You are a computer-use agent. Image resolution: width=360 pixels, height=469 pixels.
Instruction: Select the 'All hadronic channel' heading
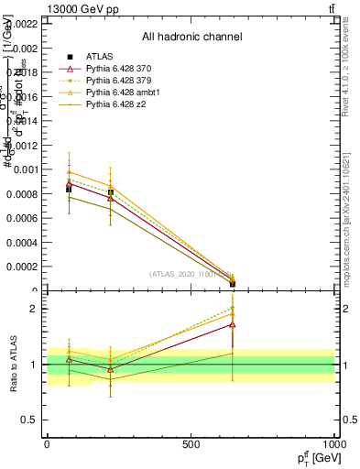click(191, 38)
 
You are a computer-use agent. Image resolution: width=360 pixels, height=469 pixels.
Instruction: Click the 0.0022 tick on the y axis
click(25, 24)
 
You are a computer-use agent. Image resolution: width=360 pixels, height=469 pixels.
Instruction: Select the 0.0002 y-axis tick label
click(25, 267)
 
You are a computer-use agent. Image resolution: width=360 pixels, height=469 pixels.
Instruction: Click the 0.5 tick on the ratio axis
click(31, 420)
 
